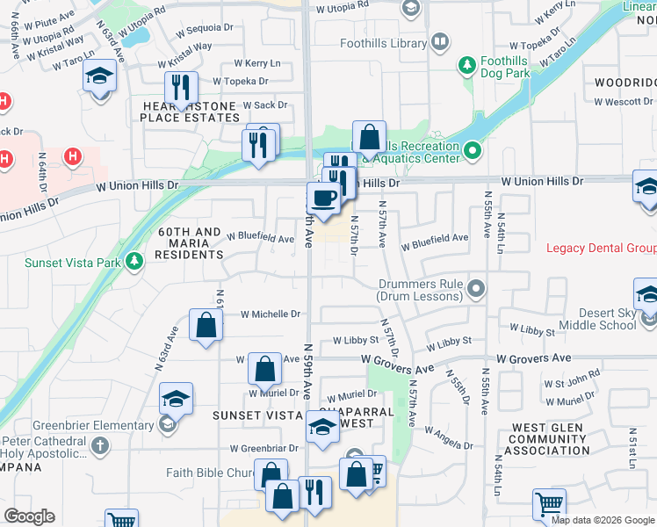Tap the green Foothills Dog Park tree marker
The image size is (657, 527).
coord(466,64)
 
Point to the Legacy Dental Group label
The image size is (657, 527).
coord(602,249)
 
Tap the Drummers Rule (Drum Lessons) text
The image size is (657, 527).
coord(421,290)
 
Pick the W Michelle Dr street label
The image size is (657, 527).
coord(270,314)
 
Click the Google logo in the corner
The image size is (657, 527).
coord(29,516)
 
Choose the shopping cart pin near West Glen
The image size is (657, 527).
coord(549,505)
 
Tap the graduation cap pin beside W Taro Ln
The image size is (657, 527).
coord(100,76)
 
